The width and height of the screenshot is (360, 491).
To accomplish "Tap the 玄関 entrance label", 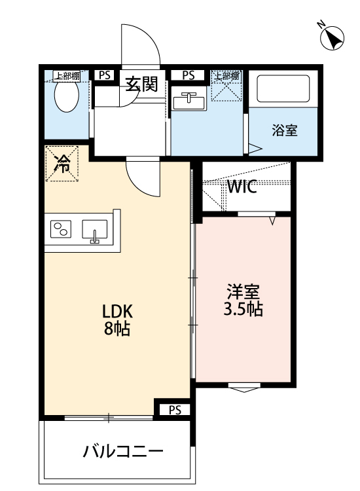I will point(142,84).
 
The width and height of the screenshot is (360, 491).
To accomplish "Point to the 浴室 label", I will point(285,130).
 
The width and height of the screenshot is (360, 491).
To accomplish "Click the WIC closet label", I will point(242,187).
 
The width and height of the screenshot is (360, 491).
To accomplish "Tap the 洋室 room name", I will point(243,290).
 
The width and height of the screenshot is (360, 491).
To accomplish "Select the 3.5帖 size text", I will point(243,308).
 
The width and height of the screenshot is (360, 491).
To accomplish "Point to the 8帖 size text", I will point(116,329).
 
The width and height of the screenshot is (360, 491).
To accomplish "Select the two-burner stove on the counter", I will point(62,230).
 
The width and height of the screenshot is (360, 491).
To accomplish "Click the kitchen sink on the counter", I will point(94,230).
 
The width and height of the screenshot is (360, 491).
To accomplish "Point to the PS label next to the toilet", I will point(104,75).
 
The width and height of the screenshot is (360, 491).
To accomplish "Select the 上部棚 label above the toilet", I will point(66,75).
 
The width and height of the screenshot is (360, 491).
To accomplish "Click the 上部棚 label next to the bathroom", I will point(227,75).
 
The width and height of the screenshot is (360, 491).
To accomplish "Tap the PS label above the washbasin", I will point(189,75).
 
